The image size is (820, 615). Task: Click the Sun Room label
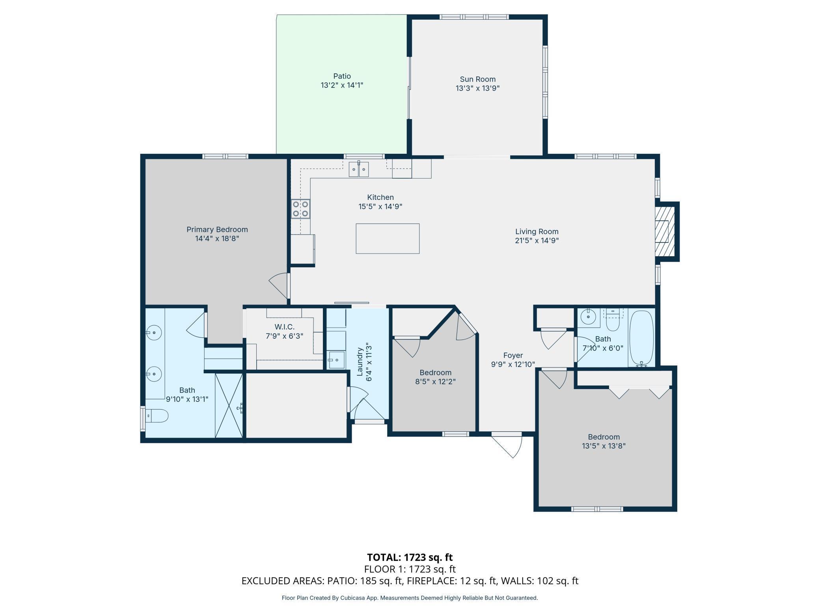coord(477,79)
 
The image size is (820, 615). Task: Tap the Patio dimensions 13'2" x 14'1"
coord(342,85)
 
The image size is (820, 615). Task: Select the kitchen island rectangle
coord(388,239)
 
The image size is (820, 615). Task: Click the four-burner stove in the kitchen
coord(300,209)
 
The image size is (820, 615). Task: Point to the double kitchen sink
coord(359,170)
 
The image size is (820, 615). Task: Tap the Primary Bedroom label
coord(217,229)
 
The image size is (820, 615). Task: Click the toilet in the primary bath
coord(157,416)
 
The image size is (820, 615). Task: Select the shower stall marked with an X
coord(229,405)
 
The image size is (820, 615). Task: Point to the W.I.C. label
coord(285,327)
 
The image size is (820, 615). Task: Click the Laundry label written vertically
coord(360,362)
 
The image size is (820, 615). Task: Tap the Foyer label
coord(513,355)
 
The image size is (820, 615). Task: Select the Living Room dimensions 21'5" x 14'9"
coord(537,240)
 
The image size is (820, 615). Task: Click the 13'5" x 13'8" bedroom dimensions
coord(604,446)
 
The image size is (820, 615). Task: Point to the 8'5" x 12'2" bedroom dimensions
coord(435,382)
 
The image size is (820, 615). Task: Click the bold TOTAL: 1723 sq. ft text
coord(410,557)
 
